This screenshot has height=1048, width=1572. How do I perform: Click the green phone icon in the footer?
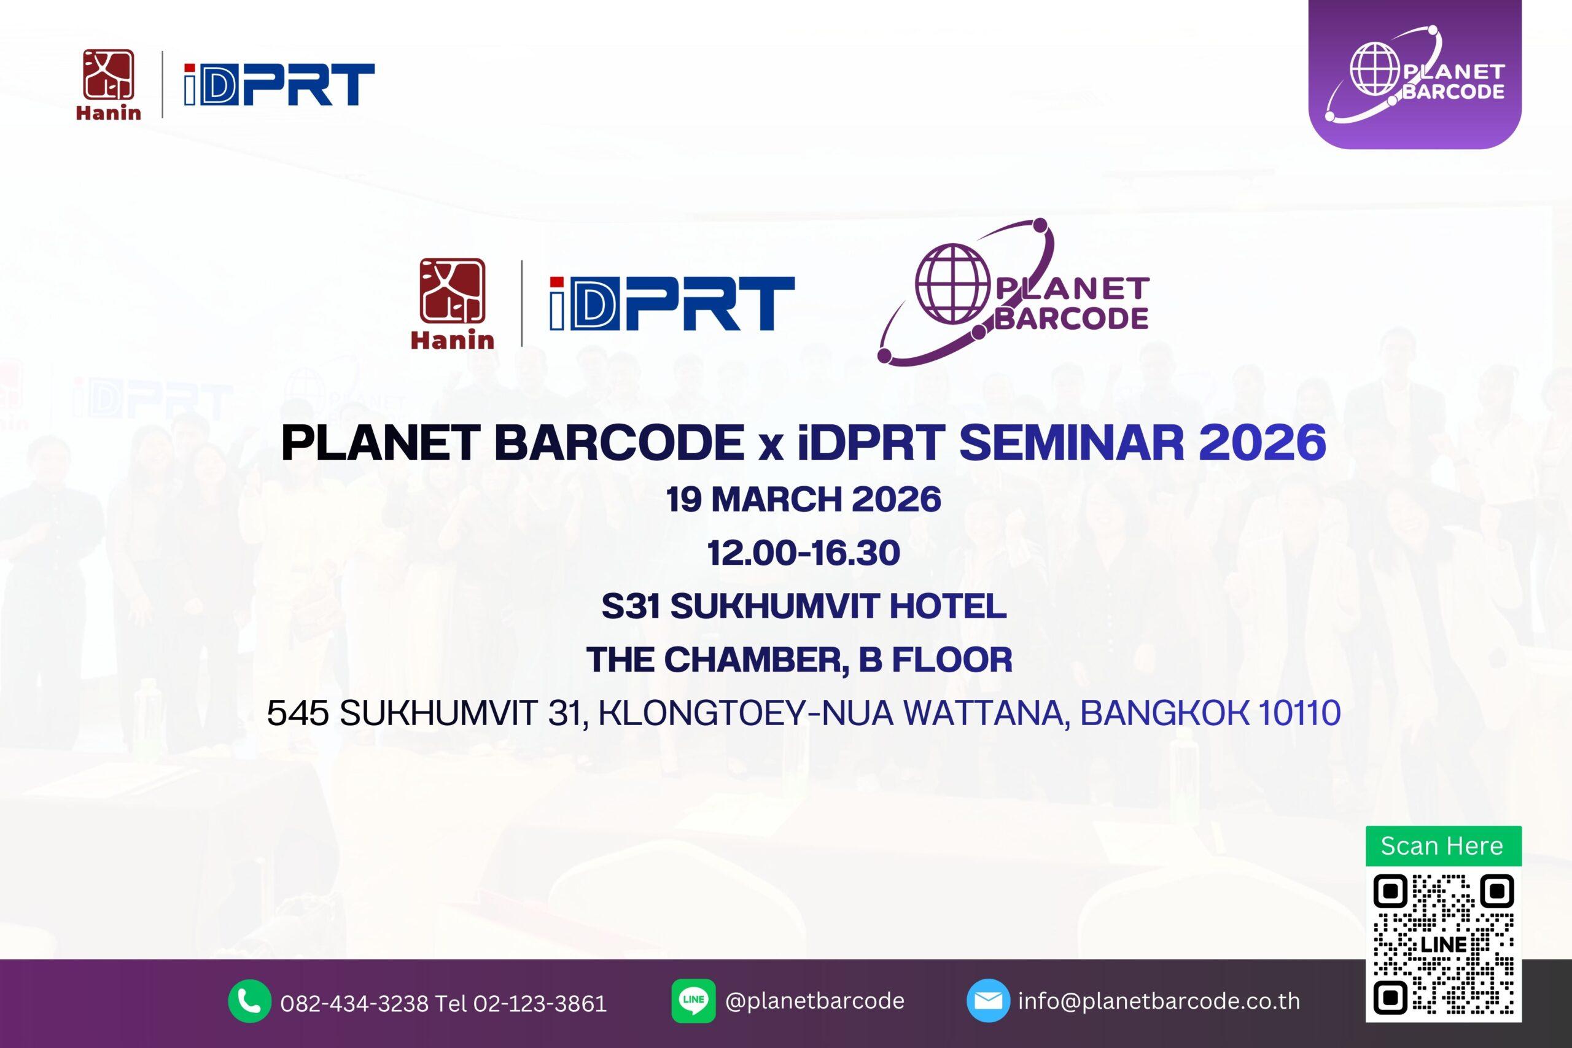(249, 1001)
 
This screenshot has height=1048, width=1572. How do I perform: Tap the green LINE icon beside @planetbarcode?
(693, 1001)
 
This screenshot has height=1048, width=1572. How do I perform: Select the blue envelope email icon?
(988, 1001)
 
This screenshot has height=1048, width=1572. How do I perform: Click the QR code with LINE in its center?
(1444, 944)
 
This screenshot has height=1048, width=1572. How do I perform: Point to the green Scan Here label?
(1444, 845)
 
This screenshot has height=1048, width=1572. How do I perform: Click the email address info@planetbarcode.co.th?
(1159, 1001)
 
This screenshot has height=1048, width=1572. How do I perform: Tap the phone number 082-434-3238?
(355, 1003)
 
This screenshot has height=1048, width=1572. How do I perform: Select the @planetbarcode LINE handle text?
(815, 1001)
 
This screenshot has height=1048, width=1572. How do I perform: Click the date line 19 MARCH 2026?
(804, 499)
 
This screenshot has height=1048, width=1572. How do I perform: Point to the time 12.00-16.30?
(804, 553)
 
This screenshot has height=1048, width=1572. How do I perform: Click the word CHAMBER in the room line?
(752, 659)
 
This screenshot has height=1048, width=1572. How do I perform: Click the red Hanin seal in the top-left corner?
(108, 75)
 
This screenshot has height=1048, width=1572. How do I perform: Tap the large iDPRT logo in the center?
(672, 304)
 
